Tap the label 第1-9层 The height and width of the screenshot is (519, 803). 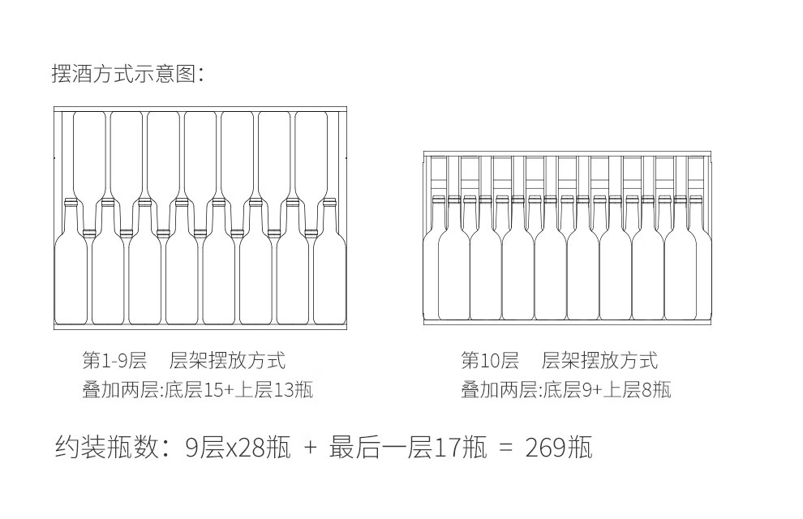point(114,360)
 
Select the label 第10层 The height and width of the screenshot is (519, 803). point(489,360)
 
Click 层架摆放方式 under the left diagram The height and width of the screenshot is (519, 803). point(228,360)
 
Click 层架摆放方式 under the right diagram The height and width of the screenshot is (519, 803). point(599,360)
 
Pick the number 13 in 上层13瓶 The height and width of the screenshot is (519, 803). point(285,390)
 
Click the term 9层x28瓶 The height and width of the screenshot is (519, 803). point(238,447)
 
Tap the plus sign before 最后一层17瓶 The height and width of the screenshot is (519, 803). point(310,448)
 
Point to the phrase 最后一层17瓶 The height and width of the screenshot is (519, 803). point(408,447)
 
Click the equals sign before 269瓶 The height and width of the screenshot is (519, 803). point(505,448)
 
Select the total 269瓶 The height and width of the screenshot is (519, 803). point(559,447)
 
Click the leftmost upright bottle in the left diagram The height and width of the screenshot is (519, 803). point(71,268)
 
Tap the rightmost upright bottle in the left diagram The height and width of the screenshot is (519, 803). point(329,268)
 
